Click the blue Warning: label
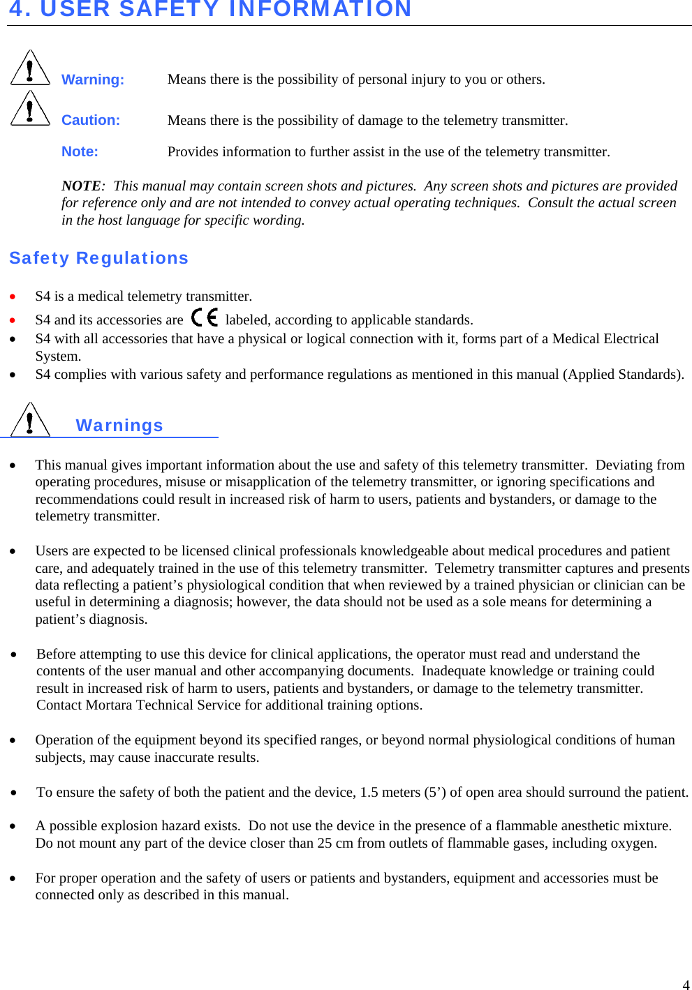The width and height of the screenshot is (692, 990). point(92,80)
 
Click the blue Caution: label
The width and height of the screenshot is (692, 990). point(90,120)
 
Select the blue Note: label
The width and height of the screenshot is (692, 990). point(80,151)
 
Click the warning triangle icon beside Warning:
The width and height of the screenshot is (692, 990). point(30,68)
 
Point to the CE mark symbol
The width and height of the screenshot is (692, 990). point(205,318)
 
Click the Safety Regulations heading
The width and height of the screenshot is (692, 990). point(98,258)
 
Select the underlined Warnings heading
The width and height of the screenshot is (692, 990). point(119,426)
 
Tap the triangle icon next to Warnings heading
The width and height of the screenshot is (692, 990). point(30,420)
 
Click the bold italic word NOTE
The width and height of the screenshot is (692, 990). point(81,186)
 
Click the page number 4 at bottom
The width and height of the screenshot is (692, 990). point(686,984)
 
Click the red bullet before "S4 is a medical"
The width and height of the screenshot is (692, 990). point(13,297)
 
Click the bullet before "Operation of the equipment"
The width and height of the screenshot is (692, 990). point(13,740)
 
